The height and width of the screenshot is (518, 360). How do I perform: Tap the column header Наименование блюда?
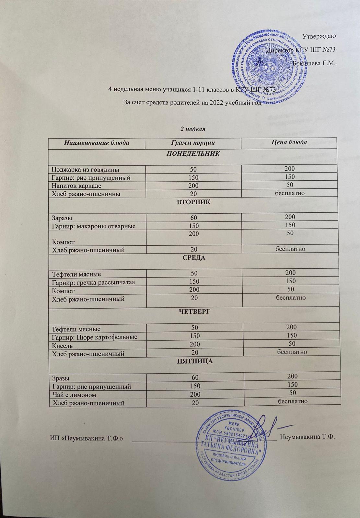click(96, 143)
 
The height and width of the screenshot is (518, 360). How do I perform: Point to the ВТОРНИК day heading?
click(193, 202)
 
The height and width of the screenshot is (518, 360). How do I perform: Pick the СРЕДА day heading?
click(194, 258)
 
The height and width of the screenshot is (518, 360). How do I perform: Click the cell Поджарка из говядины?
click(86, 169)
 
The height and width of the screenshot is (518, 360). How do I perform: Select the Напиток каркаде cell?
click(77, 186)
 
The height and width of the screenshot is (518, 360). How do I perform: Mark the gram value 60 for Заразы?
click(193, 217)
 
